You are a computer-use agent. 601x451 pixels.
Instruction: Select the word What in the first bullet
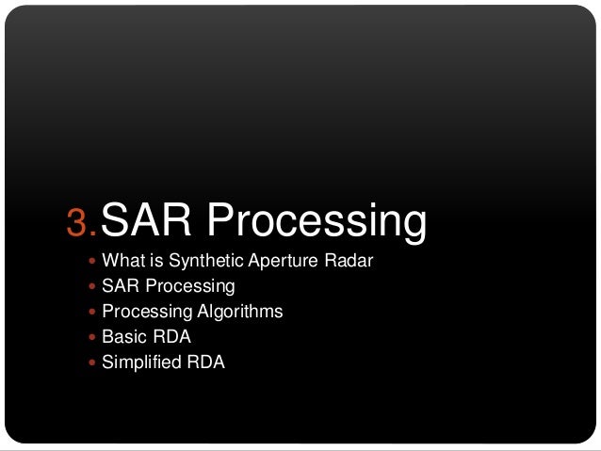(121, 260)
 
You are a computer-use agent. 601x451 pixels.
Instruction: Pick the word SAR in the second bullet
(119, 285)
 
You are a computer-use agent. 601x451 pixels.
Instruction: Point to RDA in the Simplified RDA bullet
(206, 362)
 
